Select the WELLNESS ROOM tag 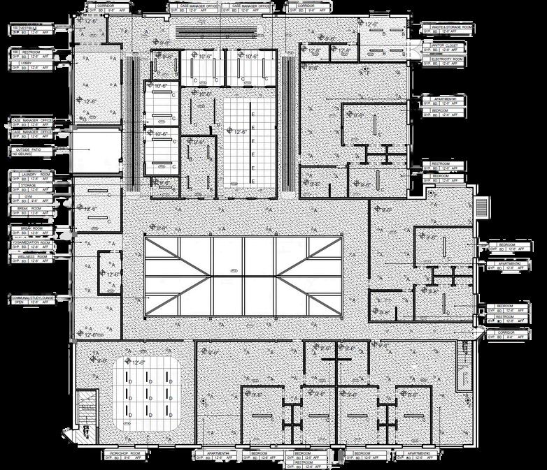(32, 257)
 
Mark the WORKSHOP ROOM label (126, 454)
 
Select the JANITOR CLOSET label (445, 45)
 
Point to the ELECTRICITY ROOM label (447, 61)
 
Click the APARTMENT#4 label (218, 453)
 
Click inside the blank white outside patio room (97, 149)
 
